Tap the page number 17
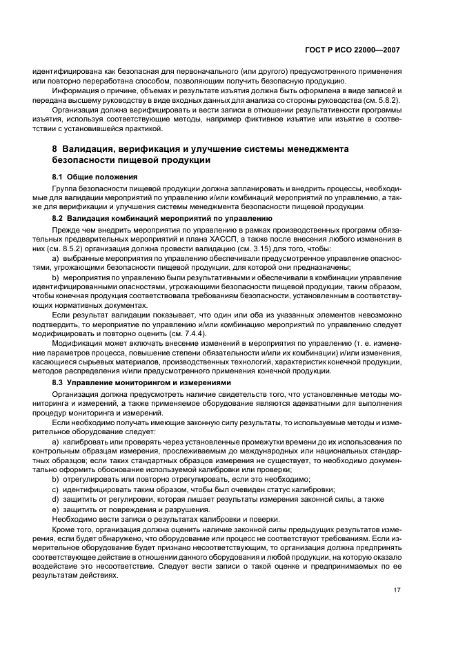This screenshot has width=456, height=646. click(x=396, y=590)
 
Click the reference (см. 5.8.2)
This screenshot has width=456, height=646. click(x=381, y=100)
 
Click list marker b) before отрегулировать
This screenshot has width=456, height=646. click(x=56, y=478)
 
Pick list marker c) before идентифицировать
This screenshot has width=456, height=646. click(x=56, y=489)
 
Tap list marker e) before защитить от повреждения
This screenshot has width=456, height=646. click(x=56, y=509)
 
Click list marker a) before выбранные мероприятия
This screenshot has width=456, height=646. click(x=56, y=258)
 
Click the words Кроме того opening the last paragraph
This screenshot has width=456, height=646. click(x=72, y=529)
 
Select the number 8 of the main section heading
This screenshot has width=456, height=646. click(x=55, y=149)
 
